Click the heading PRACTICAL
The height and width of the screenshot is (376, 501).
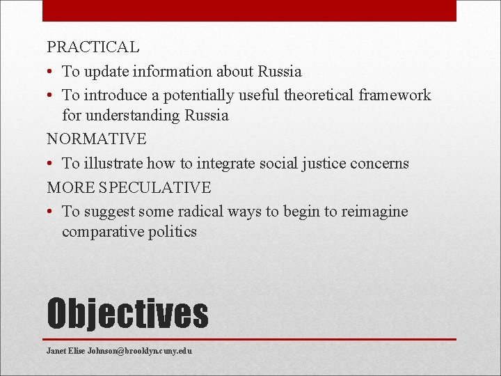(x=93, y=48)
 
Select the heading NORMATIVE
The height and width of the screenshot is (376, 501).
(x=97, y=139)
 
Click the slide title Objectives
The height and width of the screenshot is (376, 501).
(x=127, y=313)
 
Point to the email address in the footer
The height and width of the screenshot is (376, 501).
(x=119, y=351)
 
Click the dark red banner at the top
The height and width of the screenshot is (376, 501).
(x=249, y=10)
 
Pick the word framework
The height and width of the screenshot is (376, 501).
(x=395, y=95)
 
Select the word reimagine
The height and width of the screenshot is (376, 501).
(x=374, y=212)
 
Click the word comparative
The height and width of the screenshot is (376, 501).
(x=102, y=232)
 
